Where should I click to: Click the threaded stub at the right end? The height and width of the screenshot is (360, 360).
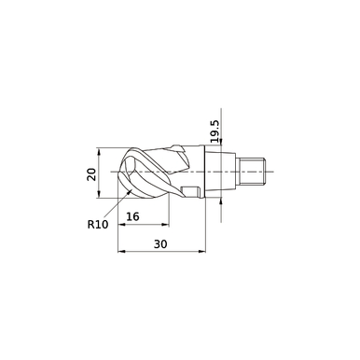click(x=253, y=171)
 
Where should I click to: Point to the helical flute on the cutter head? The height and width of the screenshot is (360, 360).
click(x=154, y=168)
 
